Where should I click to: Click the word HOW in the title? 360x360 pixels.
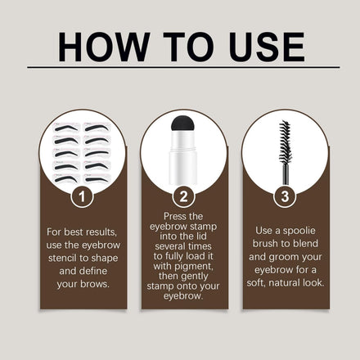click(x=104, y=47)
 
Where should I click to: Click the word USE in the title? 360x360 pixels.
click(x=267, y=47)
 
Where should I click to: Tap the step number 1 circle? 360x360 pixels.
click(x=82, y=196)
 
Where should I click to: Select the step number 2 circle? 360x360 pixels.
click(x=184, y=196)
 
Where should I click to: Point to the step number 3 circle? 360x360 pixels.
click(x=285, y=196)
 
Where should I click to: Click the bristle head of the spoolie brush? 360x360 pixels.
click(x=285, y=142)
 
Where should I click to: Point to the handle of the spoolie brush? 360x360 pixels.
click(x=286, y=173)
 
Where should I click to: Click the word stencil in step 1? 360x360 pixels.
click(x=64, y=258)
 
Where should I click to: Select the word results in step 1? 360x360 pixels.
click(x=101, y=232)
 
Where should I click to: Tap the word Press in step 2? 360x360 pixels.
click(x=175, y=216)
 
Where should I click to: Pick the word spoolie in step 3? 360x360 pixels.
click(x=299, y=231)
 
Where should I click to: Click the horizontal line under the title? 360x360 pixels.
click(x=183, y=67)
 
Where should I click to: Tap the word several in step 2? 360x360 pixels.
click(x=172, y=246)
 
